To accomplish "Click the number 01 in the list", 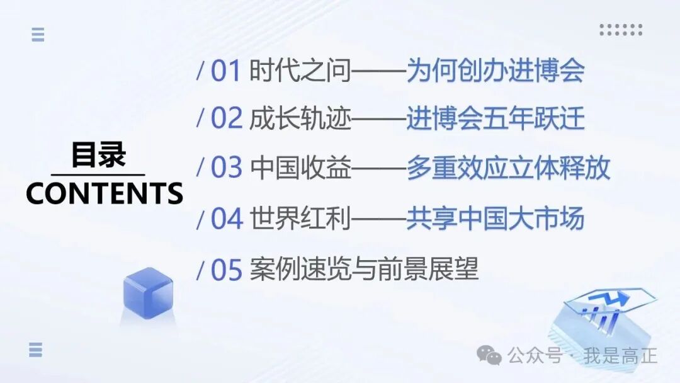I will [x=226, y=71].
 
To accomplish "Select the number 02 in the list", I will [x=226, y=119].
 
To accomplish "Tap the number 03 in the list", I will [x=226, y=168].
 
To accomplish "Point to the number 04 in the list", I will [x=226, y=219].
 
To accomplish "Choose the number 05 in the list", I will [x=226, y=270].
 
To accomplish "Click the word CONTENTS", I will [x=105, y=193].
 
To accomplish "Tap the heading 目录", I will [x=98, y=156].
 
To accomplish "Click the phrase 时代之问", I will [x=300, y=71].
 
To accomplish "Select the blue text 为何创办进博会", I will [x=496, y=71].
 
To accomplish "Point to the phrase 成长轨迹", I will [x=300, y=119].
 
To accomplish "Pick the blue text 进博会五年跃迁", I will [x=496, y=119].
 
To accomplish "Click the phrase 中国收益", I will [x=300, y=168].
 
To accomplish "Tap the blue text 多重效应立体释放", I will [x=508, y=168].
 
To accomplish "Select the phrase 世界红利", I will [x=300, y=219].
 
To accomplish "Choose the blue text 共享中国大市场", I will [x=496, y=219].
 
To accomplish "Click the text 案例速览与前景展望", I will [x=364, y=270].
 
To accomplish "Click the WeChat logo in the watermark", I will [x=489, y=355].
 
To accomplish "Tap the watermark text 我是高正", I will [x=620, y=356].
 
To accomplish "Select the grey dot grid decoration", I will [x=620, y=30].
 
